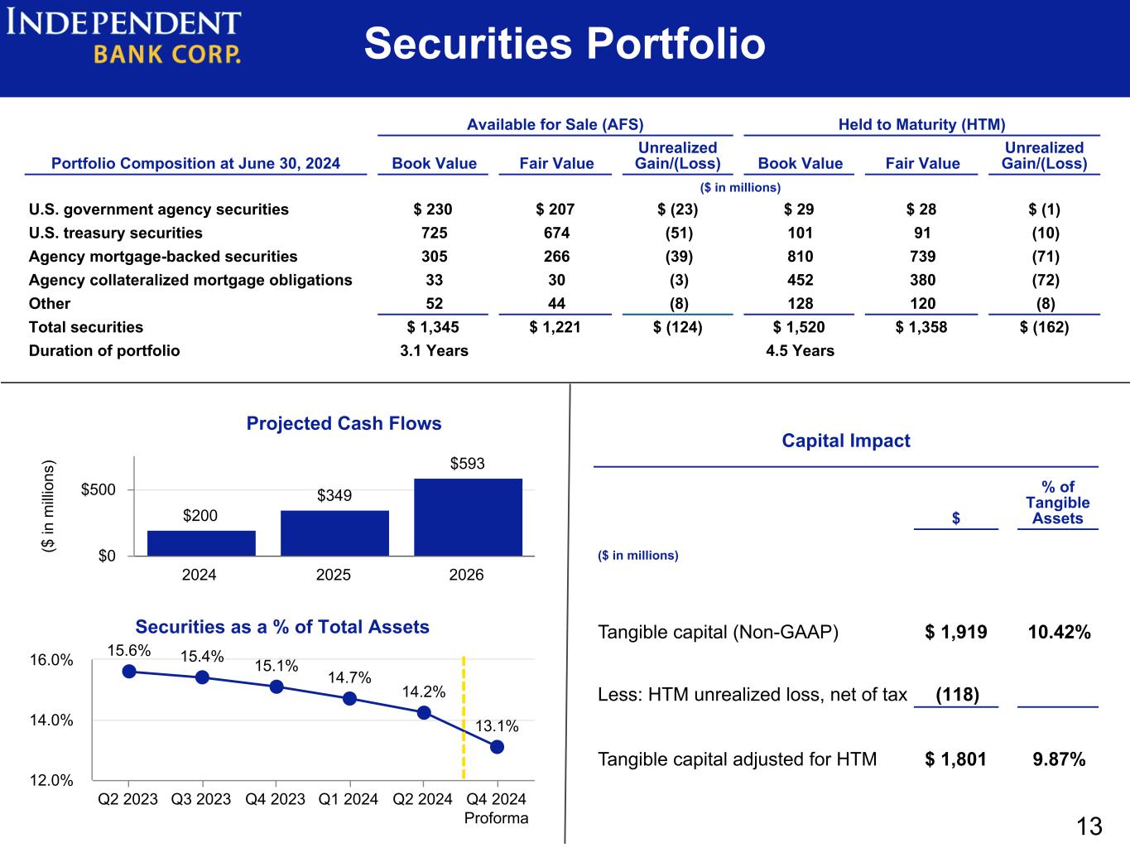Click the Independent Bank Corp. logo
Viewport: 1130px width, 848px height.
click(x=123, y=36)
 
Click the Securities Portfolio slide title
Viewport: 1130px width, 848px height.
click(x=565, y=43)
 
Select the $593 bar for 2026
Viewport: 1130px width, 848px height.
click(x=468, y=517)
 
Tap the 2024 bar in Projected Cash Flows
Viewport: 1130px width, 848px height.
click(x=201, y=543)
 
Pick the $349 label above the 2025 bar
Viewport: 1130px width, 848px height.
click(x=334, y=495)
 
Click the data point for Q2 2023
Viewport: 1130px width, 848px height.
click(x=129, y=671)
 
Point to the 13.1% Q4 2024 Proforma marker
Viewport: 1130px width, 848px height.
click(x=497, y=747)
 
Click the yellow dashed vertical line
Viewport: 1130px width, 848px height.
click(x=464, y=718)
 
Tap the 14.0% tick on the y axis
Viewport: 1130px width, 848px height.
click(x=51, y=720)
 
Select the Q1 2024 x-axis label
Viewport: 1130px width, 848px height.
click(x=349, y=799)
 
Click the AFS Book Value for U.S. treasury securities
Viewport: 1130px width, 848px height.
click(x=434, y=233)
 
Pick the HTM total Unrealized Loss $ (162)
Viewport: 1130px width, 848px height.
click(x=1044, y=327)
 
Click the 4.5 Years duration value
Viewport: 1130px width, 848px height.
click(x=800, y=350)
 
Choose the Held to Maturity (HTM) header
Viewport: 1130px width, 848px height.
click(x=921, y=124)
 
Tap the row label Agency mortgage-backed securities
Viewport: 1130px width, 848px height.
click(x=163, y=257)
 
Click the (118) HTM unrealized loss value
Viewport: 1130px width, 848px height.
click(x=957, y=695)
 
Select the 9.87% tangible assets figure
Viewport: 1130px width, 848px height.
click(x=1059, y=759)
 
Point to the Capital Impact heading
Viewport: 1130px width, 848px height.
click(x=846, y=441)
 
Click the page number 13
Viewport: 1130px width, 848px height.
click(x=1089, y=826)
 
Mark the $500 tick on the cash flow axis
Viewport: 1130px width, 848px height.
click(x=99, y=489)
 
